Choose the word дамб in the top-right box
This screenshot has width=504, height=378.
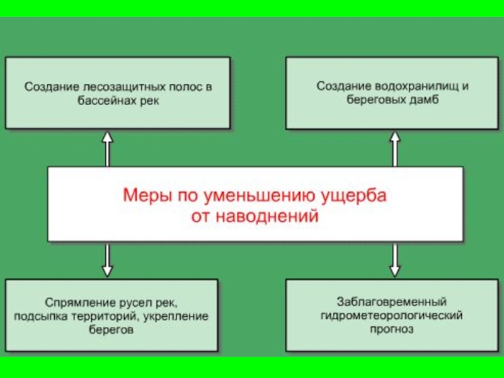tap(426, 100)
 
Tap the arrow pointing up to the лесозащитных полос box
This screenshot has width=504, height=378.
tap(107, 149)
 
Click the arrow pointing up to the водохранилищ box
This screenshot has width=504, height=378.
tap(395, 149)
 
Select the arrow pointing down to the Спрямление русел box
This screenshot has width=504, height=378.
tap(107, 260)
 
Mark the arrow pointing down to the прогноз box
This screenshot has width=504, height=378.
tap(395, 260)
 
